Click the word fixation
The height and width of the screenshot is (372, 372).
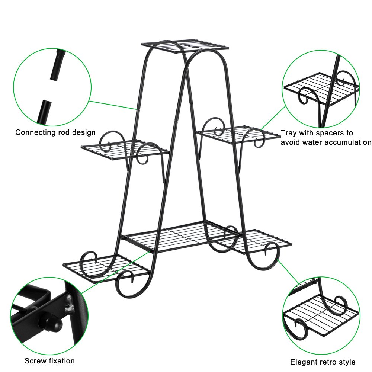(62, 361)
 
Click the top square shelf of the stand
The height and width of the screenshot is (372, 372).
(185, 46)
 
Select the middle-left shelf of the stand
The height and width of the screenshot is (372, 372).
(125, 150)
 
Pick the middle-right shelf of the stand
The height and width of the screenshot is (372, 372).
(238, 135)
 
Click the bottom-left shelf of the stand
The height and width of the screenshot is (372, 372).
(106, 268)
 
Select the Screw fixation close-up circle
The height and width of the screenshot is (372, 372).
(49, 316)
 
